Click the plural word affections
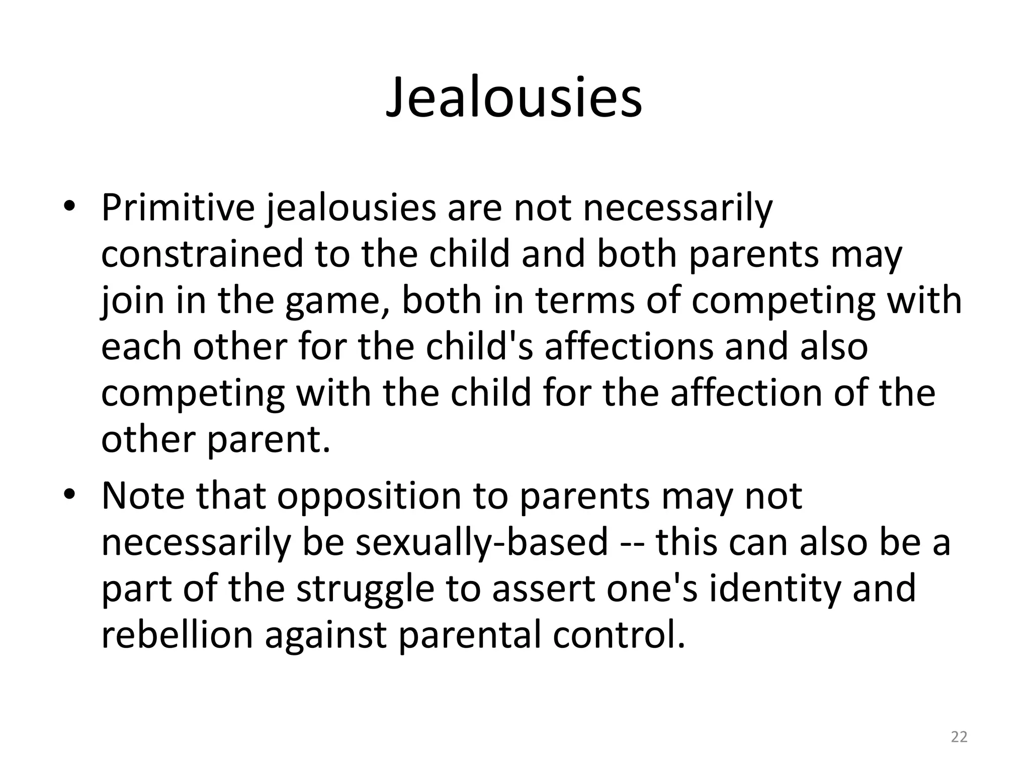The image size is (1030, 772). point(629,347)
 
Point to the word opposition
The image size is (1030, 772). point(369,496)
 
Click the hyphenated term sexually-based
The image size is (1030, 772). point(482,542)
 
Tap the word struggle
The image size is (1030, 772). point(365,589)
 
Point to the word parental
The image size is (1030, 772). point(470,635)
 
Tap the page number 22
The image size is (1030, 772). point(959,737)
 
